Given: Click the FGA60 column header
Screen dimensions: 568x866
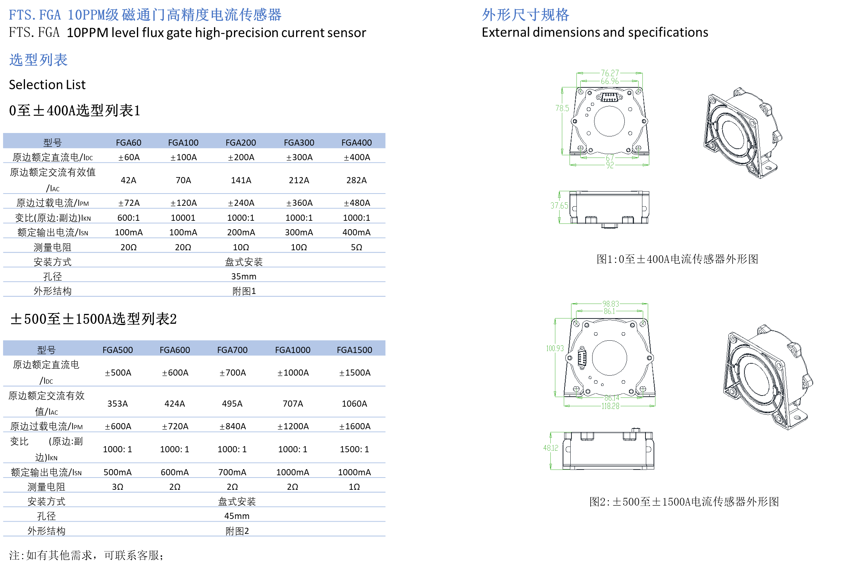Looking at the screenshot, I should pyautogui.click(x=128, y=143).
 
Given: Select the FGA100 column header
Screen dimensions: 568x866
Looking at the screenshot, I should pyautogui.click(x=183, y=143).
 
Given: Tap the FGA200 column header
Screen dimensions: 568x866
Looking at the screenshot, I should pyautogui.click(x=241, y=143).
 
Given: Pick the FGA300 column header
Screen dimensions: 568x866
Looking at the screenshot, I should pyautogui.click(x=299, y=143).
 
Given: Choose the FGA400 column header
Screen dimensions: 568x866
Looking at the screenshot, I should pyautogui.click(x=357, y=143).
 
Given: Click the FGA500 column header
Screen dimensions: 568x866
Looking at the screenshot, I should pyautogui.click(x=118, y=350).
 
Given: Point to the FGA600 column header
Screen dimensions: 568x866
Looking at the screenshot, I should pyautogui.click(x=175, y=350).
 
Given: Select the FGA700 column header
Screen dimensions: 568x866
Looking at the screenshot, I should pyautogui.click(x=232, y=350).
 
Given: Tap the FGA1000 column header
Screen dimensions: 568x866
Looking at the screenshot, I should pyautogui.click(x=293, y=350).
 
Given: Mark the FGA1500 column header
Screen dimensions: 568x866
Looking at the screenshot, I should pyautogui.click(x=354, y=350).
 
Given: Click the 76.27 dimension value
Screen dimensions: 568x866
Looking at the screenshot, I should pyautogui.click(x=610, y=73).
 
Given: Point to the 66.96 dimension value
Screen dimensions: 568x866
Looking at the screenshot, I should pyautogui.click(x=610, y=81).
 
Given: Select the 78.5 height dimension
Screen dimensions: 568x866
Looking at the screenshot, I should pyautogui.click(x=562, y=108).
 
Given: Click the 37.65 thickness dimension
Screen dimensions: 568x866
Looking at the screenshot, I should pyautogui.click(x=559, y=206).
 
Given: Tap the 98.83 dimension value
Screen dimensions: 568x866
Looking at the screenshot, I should pyautogui.click(x=611, y=304).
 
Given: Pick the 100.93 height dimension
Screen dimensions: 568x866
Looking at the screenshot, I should pyautogui.click(x=555, y=348).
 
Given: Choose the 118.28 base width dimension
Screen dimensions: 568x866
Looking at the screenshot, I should pyautogui.click(x=610, y=406).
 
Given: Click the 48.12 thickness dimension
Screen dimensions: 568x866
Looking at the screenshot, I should pyautogui.click(x=551, y=448).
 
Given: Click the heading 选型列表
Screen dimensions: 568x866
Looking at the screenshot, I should pyautogui.click(x=38, y=60).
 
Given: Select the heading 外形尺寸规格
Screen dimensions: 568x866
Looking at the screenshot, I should pyautogui.click(x=525, y=15).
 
